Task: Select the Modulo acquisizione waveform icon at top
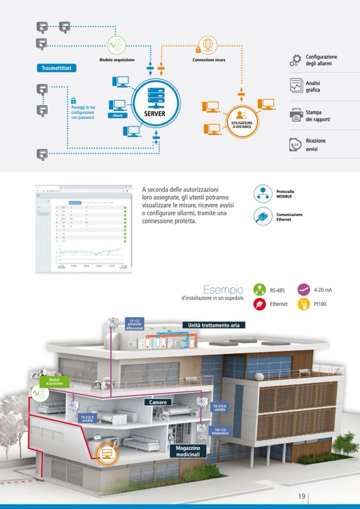(x=117, y=45)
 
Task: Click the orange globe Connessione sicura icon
(x=208, y=44)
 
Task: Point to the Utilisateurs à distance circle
(x=242, y=120)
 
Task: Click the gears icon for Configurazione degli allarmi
(x=295, y=61)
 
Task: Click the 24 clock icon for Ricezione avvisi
(x=296, y=144)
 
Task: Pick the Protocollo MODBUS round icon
(x=262, y=194)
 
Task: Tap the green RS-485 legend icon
(x=260, y=290)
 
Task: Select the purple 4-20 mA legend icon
(x=304, y=290)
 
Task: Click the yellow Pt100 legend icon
(x=304, y=305)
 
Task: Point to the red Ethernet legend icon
(x=260, y=305)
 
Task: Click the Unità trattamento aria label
(x=214, y=325)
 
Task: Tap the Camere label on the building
(x=158, y=402)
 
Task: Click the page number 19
(x=301, y=497)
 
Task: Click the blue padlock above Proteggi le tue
(x=74, y=100)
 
